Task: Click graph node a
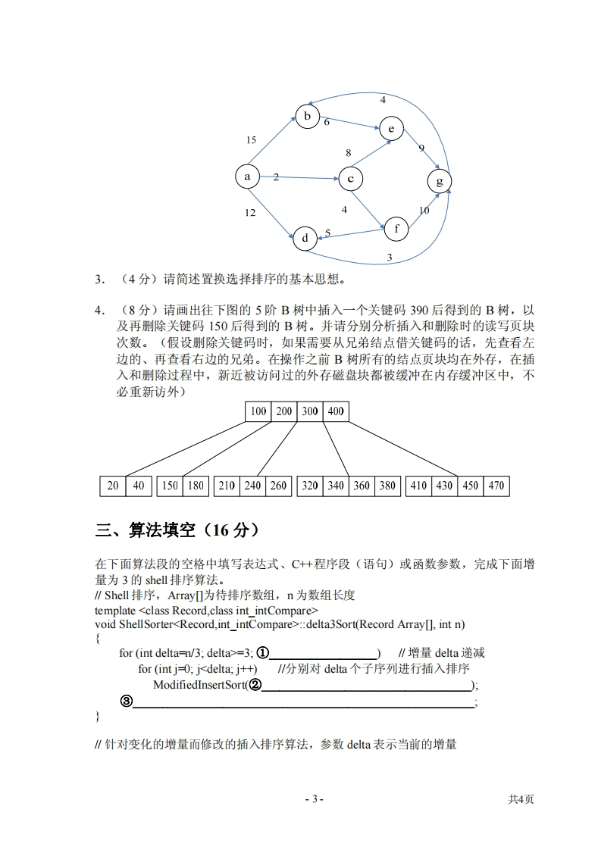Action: coord(247,177)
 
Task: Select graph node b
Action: coord(307,117)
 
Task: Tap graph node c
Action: coord(350,180)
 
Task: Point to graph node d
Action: coord(305,239)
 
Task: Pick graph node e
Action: coord(391,129)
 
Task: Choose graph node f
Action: coord(396,227)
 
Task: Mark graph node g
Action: coord(440,181)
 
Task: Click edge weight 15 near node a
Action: coord(252,140)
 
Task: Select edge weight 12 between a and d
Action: coord(250,214)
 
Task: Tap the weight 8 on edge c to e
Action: coord(348,153)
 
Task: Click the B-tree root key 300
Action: coord(309,411)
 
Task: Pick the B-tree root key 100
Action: coord(258,411)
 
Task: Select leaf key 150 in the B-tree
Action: coord(170,486)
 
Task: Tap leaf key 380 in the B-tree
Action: coord(387,486)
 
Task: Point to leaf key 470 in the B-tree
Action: coord(496,486)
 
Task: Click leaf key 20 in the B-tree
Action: coord(113,486)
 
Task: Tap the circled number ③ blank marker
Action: coord(127,701)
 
